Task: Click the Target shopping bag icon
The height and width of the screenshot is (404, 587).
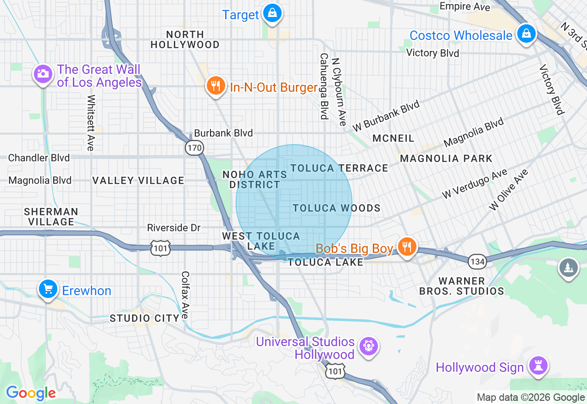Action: (272, 13)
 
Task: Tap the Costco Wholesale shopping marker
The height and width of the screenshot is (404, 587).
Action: (526, 34)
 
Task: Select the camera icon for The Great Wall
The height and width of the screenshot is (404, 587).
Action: (43, 73)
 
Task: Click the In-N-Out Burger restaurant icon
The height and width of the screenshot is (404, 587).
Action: (215, 85)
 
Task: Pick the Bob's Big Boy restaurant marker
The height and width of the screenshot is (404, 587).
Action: (406, 247)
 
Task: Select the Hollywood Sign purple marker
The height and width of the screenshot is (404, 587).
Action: (538, 366)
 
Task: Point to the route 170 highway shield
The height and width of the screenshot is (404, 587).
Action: (194, 148)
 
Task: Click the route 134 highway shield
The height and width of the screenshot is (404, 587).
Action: (477, 262)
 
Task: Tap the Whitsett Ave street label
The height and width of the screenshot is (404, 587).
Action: (91, 123)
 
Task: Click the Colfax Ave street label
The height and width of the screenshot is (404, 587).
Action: (185, 295)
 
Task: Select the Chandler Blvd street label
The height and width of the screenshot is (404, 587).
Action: (39, 158)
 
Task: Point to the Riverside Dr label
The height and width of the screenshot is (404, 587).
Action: (174, 228)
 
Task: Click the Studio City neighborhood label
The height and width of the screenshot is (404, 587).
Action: (144, 318)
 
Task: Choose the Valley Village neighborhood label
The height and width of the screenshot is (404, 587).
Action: (138, 180)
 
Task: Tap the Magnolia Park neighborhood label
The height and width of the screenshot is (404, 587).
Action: (446, 158)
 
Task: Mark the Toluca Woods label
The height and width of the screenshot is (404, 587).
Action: (337, 208)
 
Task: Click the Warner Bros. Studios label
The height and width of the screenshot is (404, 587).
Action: (462, 286)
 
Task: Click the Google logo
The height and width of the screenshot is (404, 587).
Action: (31, 393)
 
